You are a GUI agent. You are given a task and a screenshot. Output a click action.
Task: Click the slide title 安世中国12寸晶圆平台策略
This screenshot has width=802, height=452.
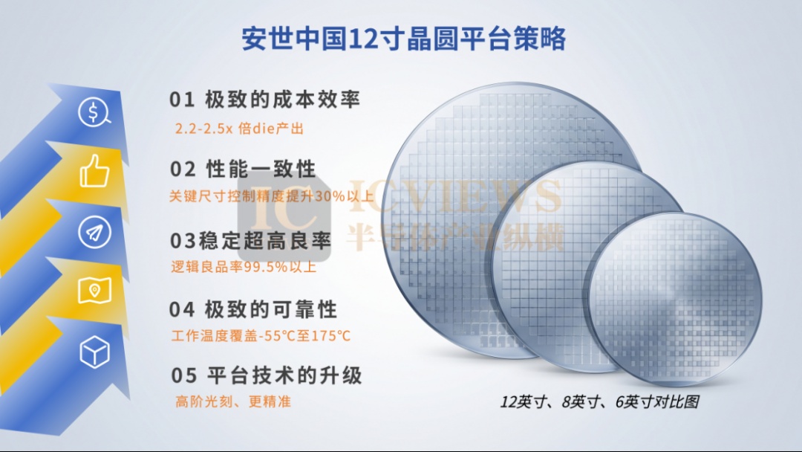coord(403,39)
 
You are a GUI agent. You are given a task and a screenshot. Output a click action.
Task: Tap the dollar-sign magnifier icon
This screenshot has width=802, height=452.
coord(94,112)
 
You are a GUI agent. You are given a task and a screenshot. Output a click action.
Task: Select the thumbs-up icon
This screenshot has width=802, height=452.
coord(94,171)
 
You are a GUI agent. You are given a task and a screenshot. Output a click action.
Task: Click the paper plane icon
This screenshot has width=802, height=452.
coord(94,232)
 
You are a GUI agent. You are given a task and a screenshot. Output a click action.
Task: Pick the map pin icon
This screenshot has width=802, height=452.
coord(94,291)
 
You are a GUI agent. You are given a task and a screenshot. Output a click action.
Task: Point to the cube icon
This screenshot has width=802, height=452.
coord(94,352)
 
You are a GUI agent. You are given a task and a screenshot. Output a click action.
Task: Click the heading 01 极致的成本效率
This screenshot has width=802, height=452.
coord(265,100)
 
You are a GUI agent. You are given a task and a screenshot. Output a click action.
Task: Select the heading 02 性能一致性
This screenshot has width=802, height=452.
coord(243,169)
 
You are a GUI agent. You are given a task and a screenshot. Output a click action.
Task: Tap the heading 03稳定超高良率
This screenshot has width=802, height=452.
coord(251,241)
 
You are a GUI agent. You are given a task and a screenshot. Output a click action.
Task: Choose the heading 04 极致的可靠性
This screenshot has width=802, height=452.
coord(254,309)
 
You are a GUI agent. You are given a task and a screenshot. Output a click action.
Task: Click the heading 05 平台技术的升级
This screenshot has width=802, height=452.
coord(267,375)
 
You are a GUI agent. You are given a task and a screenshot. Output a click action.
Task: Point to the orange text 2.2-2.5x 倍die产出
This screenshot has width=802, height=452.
coord(239,128)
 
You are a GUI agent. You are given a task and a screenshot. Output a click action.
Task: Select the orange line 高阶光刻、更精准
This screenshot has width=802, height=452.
coord(233,401)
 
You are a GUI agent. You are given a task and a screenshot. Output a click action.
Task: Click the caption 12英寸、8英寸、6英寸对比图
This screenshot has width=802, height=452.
coord(599,402)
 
